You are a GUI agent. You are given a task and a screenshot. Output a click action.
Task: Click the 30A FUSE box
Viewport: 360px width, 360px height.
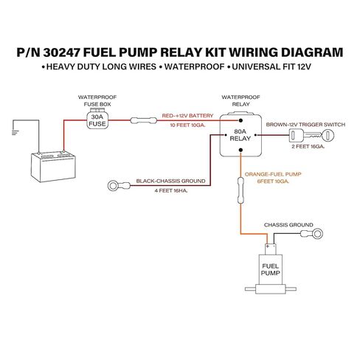pos(97,120)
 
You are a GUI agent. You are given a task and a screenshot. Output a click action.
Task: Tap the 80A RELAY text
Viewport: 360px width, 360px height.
pos(240,135)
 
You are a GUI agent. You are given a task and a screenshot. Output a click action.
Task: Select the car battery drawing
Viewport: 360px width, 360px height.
pos(53,167)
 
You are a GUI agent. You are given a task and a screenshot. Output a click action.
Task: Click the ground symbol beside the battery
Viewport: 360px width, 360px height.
pos(15,133)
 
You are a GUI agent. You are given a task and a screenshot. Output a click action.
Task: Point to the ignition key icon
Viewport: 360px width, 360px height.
pos(311,135)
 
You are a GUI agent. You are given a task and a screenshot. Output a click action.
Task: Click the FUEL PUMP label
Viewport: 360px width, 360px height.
pos(271,269)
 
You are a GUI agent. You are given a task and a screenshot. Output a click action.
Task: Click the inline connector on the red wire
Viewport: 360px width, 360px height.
pos(143,120)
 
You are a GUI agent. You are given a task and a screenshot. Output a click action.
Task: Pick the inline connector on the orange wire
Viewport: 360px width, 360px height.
pos(240,190)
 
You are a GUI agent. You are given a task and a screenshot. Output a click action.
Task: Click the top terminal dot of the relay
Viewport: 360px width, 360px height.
pos(240,120)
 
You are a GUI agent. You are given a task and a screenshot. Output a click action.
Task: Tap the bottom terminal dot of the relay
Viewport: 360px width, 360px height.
pos(240,150)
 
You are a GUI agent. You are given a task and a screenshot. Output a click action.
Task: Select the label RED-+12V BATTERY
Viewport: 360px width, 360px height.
pos(187,116)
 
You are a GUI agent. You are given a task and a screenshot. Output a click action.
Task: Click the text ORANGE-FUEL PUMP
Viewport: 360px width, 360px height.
pos(273,174)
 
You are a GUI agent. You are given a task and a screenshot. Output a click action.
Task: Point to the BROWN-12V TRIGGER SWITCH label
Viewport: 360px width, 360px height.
pos(305,125)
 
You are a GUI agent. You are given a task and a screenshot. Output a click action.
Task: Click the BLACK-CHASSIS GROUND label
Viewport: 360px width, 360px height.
pos(170,181)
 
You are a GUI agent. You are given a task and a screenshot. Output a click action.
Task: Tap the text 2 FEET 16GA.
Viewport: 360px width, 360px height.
pos(308,147)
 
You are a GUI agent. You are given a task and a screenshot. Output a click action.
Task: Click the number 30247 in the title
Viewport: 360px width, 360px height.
pos(61,52)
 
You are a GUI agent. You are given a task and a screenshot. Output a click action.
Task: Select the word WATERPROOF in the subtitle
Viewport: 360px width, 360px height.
pos(194,66)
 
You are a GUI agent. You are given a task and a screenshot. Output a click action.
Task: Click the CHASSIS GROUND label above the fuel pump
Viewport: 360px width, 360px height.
pos(288,225)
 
